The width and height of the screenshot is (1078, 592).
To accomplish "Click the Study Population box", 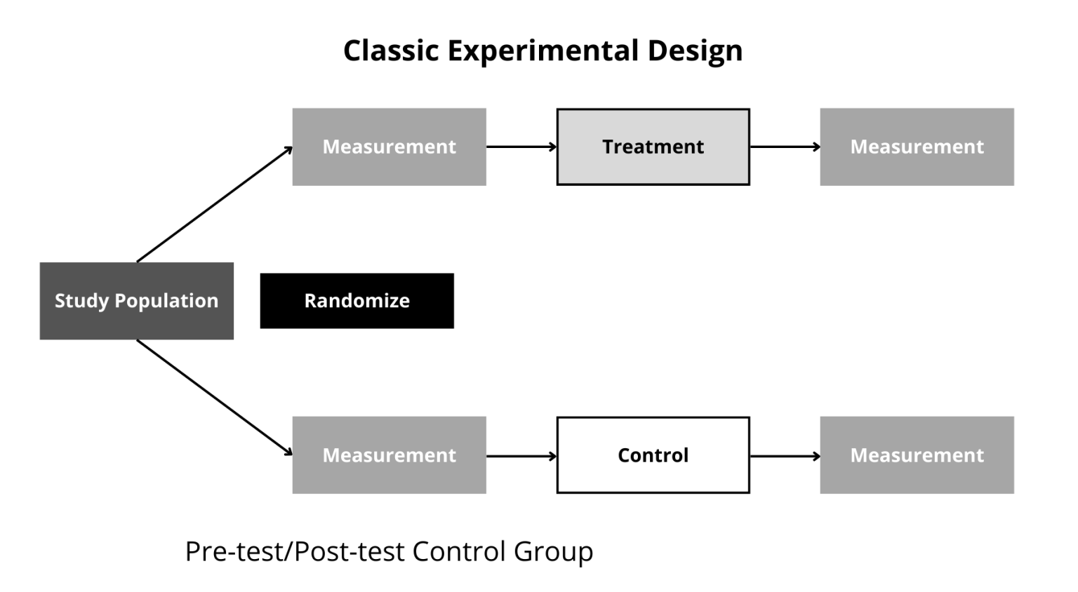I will [136, 301].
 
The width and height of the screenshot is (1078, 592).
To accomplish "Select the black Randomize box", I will [357, 301].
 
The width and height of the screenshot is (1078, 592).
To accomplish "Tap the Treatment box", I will [653, 147].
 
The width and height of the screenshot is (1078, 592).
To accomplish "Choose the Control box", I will [653, 455].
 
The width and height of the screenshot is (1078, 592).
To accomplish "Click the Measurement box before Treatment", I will [389, 147].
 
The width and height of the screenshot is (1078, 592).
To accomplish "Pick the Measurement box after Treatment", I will [917, 147].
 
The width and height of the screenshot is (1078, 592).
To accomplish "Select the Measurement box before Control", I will [389, 455].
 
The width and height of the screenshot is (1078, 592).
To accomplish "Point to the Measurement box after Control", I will [917, 455].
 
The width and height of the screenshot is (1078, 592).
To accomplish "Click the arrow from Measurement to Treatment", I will [521, 147].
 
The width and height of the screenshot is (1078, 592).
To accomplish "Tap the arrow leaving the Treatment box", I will [785, 147].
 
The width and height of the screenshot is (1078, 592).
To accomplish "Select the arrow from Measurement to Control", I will [521, 456].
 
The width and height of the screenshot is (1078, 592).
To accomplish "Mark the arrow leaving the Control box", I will [785, 456].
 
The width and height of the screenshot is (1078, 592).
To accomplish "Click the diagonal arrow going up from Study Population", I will [214, 204].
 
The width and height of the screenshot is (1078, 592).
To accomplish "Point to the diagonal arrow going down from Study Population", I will [214, 398].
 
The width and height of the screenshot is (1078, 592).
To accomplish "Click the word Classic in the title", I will [391, 51].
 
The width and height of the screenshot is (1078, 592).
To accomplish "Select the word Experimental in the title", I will [543, 51].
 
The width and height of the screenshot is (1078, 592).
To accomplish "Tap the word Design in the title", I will [695, 51].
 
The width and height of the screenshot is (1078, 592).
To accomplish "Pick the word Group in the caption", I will [553, 551].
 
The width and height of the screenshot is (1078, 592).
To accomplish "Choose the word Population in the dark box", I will [166, 301].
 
